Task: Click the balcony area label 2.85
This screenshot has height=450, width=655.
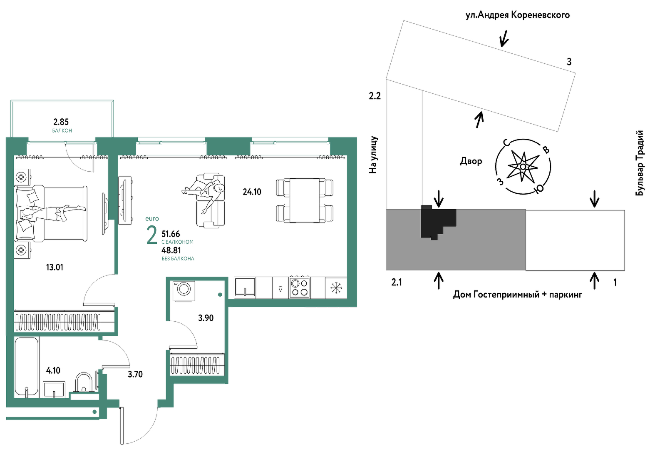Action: click(61, 122)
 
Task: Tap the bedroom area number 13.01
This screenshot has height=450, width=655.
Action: click(55, 267)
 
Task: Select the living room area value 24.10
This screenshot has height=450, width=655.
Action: click(252, 192)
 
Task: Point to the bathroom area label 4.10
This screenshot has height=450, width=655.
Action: click(53, 371)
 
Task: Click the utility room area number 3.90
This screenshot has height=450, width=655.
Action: click(206, 318)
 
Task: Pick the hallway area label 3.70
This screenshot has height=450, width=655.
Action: click(135, 375)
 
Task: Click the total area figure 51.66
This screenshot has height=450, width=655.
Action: click(171, 234)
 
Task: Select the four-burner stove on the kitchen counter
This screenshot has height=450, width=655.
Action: click(300, 287)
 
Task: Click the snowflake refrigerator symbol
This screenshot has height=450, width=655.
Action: click(336, 288)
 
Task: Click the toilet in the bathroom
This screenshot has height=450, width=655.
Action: click(84, 382)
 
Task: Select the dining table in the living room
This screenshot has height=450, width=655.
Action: click(304, 200)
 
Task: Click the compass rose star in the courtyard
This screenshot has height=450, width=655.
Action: click(523, 167)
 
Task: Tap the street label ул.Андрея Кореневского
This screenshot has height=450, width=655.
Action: click(518, 15)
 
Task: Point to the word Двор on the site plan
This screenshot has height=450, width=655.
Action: click(471, 161)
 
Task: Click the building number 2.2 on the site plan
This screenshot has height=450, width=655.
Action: click(375, 96)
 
